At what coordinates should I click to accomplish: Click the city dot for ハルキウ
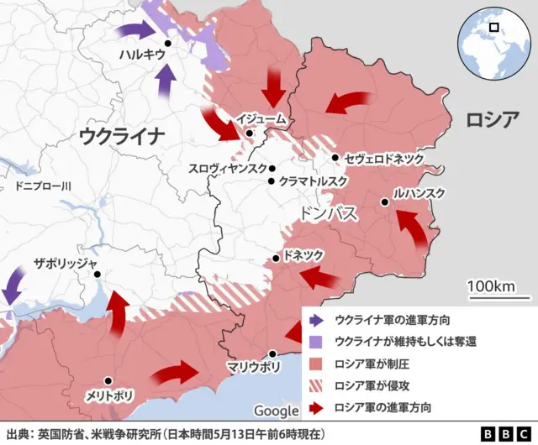[x=168, y=43]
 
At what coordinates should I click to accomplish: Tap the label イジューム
[x=262, y=120]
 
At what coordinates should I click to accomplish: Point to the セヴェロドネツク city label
[x=385, y=158]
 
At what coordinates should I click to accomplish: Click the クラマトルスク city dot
[x=272, y=181]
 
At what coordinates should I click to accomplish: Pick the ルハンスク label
[x=418, y=193]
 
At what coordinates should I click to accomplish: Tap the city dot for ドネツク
[x=276, y=258]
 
